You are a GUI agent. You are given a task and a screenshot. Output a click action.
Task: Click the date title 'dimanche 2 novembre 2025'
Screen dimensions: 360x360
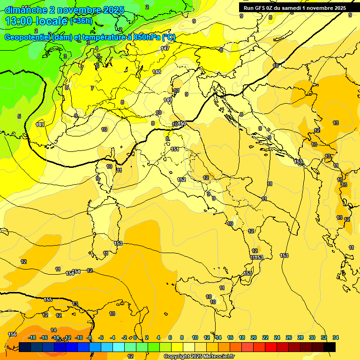64,10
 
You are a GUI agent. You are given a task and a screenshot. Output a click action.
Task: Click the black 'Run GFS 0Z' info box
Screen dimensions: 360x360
292,7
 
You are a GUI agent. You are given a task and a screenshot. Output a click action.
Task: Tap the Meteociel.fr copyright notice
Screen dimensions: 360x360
199,356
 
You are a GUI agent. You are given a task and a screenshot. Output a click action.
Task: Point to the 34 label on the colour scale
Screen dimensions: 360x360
336,337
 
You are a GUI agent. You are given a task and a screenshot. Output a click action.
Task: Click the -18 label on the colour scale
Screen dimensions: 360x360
32,337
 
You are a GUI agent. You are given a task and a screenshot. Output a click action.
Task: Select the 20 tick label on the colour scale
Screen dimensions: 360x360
254,337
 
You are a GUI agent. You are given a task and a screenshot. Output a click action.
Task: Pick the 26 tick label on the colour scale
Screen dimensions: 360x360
289,337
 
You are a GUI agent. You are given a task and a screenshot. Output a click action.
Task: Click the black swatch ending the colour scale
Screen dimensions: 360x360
330,347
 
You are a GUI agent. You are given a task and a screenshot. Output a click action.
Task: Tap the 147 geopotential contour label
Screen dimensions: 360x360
165,48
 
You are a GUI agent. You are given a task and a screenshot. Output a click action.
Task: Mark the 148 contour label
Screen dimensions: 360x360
157,72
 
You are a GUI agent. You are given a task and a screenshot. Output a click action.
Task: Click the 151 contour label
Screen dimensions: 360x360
175,149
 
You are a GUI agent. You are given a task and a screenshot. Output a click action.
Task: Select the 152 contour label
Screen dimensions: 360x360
181,180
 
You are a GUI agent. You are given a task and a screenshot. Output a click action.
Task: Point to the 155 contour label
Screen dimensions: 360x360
48,300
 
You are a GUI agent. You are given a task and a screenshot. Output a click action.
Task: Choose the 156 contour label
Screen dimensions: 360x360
13,334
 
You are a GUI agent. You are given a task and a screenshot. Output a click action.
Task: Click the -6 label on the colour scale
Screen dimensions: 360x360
101,337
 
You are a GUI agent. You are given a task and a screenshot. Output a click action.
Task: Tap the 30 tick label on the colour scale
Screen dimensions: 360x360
312,337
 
